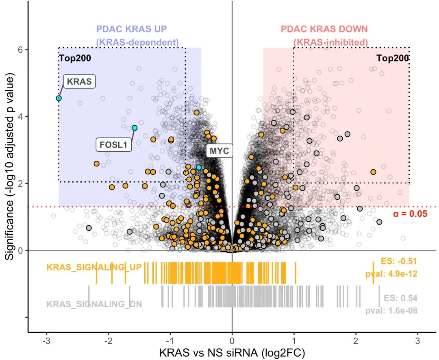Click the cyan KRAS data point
point(59,98)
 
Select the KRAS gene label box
point(79,81)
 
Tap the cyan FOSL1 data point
point(135,128)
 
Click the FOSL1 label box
point(114,144)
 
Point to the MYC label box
point(219,151)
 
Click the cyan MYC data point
point(199,167)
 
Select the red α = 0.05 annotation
point(410,214)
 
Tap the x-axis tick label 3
point(418,341)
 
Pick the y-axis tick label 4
point(20,116)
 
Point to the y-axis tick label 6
point(20,49)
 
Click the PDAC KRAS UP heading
point(131,29)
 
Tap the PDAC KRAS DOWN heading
point(324,29)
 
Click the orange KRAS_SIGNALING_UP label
point(94,267)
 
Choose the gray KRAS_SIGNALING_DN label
point(94,304)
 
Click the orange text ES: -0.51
point(399,261)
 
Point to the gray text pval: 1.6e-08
point(391,310)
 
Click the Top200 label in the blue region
point(75,58)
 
